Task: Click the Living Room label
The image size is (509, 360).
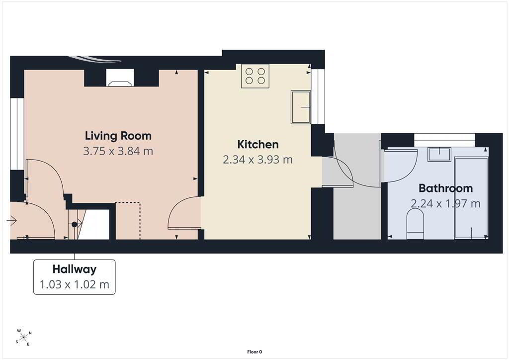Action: (x=118, y=136)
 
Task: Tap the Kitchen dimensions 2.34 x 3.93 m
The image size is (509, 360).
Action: (x=258, y=160)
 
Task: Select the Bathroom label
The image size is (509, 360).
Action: (x=445, y=188)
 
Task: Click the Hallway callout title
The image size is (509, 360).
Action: (x=75, y=270)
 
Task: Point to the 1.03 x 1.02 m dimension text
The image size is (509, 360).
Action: (x=75, y=285)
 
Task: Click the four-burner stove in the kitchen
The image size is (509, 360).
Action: (x=255, y=76)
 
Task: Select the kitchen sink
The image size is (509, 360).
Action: (x=301, y=107)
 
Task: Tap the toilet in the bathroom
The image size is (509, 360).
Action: (x=415, y=224)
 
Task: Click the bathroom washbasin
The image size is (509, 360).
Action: (x=439, y=155)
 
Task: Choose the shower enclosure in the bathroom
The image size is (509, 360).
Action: (x=472, y=198)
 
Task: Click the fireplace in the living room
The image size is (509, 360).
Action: (x=120, y=78)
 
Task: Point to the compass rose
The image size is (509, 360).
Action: (x=23, y=338)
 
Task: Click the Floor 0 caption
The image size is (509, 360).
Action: (x=254, y=352)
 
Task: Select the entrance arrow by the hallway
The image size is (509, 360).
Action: (x=11, y=221)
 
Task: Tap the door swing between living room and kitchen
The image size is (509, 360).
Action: (x=184, y=213)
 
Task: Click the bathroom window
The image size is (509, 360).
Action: (x=445, y=140)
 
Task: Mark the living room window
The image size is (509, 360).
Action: (x=17, y=134)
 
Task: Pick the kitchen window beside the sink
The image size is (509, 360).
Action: (x=318, y=96)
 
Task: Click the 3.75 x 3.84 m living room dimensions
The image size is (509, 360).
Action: (x=118, y=151)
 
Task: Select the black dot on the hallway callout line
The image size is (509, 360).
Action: (x=75, y=224)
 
